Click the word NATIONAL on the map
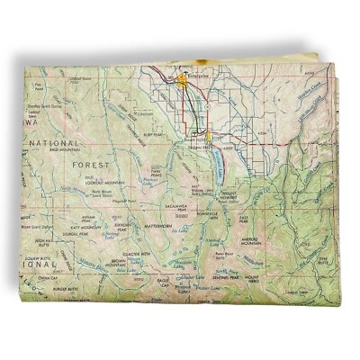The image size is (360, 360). pyautogui.click(x=55, y=143)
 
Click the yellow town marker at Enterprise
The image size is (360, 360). pyautogui.click(x=184, y=79)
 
